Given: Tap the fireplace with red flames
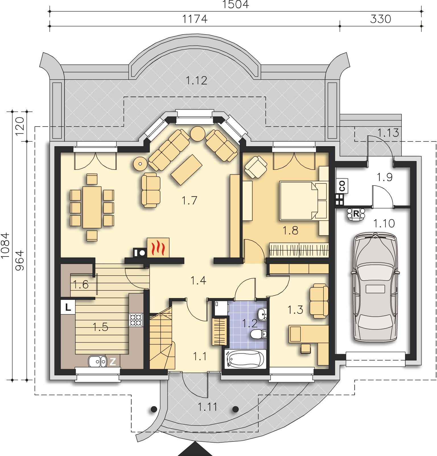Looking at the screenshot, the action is pyautogui.click(x=158, y=247).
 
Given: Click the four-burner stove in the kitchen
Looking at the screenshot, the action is pyautogui.click(x=136, y=320).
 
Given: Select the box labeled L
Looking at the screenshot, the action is pyautogui.click(x=68, y=307).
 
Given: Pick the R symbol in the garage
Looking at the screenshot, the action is pyautogui.click(x=356, y=214).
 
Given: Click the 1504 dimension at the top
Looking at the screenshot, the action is pyautogui.click(x=236, y=5).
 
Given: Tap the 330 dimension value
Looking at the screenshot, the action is pyautogui.click(x=381, y=19).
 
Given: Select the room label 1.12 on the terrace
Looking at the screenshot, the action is pyautogui.click(x=197, y=81).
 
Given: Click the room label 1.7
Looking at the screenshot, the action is pyautogui.click(x=189, y=201).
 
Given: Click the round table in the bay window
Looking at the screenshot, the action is pyautogui.click(x=197, y=133).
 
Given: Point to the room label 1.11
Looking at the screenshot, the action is pyautogui.click(x=208, y=407).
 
